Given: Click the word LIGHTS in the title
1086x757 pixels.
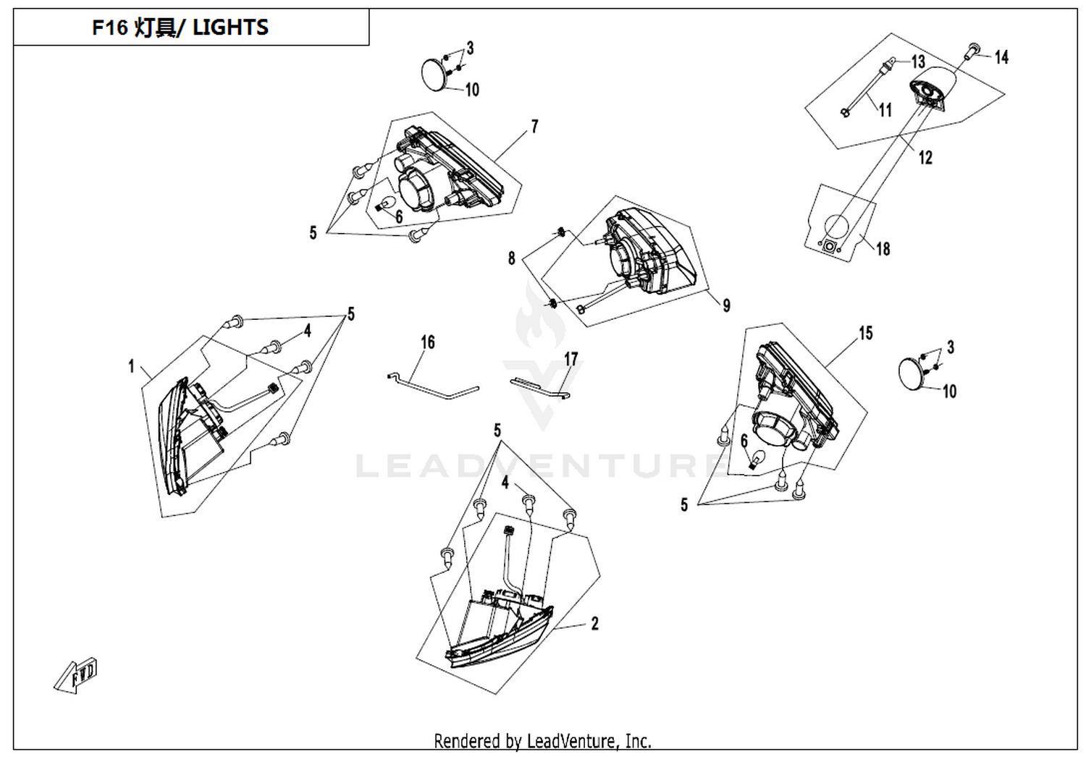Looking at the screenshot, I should (230, 28).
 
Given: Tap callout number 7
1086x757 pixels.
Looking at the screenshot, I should (534, 127).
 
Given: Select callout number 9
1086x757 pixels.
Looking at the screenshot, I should (726, 305).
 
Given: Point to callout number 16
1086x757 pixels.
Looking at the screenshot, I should (428, 342).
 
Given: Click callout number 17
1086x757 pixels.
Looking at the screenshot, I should (571, 359).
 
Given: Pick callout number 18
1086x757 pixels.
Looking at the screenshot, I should (883, 249).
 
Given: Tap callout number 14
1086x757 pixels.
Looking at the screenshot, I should (1001, 57).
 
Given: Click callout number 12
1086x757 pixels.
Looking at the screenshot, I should (925, 158).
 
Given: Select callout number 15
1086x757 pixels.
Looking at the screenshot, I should (866, 334).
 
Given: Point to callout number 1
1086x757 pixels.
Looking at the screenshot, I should (131, 366).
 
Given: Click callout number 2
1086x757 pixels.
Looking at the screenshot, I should (594, 623).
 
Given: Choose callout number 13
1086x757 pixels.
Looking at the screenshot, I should (918, 62).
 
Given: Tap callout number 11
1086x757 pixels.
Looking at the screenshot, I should (885, 110).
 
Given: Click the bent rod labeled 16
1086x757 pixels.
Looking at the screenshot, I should (434, 386).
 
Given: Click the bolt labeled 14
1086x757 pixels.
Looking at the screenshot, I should (972, 51).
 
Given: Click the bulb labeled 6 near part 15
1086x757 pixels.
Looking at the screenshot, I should (756, 459).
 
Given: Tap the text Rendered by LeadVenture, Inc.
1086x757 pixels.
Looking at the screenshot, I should (542, 741).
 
